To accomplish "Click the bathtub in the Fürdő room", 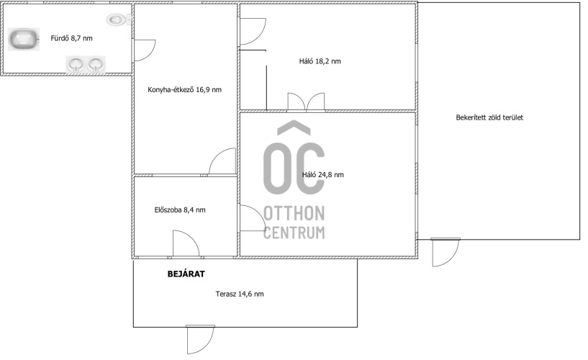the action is coord(24,40).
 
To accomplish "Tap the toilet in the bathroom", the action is coord(118,19).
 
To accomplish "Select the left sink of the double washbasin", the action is coord(76,64).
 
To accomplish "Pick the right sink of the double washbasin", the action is coord(96,64).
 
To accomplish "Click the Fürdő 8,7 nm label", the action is coord(72,38).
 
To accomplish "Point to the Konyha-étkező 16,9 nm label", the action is coord(184,89).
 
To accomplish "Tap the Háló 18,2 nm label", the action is coord(320,61).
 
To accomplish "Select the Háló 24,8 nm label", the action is coord(323,174).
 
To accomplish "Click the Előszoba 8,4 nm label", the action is coord(180,210).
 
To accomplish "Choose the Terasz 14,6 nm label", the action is coord(240,294).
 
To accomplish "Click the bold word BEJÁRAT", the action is coord(186,274).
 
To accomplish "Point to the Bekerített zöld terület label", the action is coord(489,117).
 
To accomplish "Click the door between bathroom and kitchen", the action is coord(145,50).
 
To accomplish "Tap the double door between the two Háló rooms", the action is coord(306,102).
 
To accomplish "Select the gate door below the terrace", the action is coord(200,339).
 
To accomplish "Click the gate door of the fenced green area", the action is coord(445,252).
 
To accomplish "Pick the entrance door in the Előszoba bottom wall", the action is coord(186,244).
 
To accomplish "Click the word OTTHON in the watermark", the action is coord(294,213).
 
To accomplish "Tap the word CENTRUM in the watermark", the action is coord(294,233).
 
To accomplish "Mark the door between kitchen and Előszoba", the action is coord(222,161).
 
